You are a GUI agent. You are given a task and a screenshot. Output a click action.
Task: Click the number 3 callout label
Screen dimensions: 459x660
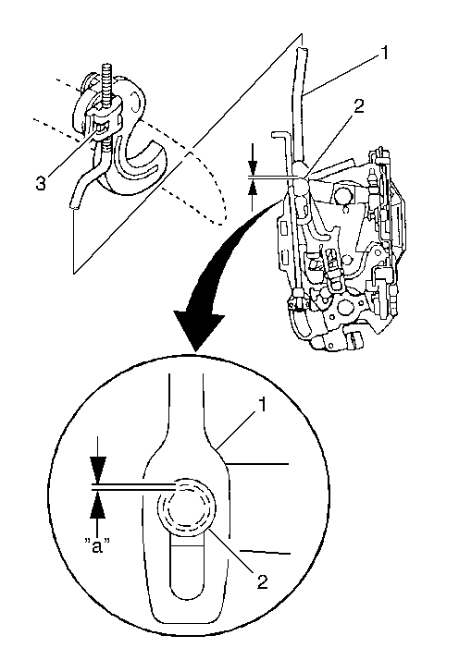point(41,184)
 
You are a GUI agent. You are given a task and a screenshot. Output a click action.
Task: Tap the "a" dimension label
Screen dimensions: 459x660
point(97,547)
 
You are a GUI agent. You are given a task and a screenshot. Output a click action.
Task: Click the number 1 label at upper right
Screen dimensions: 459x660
point(385,54)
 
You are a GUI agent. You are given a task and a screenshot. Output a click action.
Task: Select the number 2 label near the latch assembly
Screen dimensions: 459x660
point(358,106)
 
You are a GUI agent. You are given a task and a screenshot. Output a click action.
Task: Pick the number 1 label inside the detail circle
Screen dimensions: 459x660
point(262,405)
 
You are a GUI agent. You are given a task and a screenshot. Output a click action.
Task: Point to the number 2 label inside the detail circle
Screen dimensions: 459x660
point(262,582)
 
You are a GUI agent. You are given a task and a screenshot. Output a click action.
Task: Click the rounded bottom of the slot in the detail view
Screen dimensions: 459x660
point(187,593)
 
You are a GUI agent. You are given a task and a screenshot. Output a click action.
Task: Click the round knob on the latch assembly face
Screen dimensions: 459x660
point(345,193)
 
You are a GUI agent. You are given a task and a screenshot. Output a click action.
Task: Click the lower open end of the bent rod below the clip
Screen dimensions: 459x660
point(75,206)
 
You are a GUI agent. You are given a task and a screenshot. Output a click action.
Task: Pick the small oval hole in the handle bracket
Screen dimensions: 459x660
point(134,103)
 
